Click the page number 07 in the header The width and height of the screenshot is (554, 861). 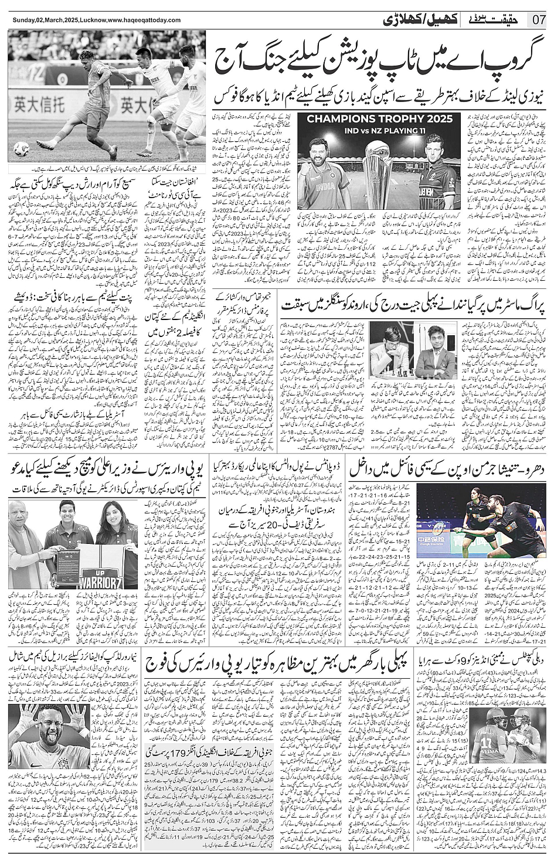539,19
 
